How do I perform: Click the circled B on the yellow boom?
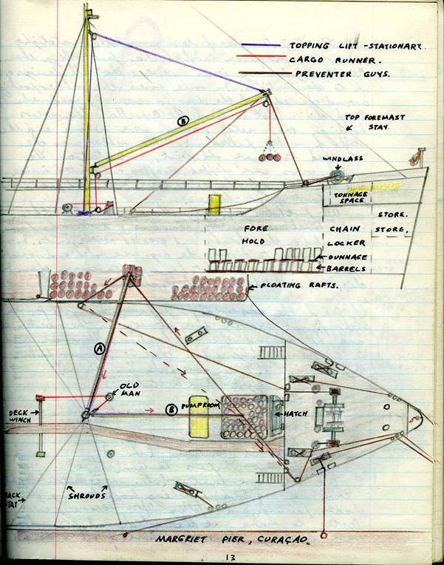182,121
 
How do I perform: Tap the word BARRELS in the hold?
347,269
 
